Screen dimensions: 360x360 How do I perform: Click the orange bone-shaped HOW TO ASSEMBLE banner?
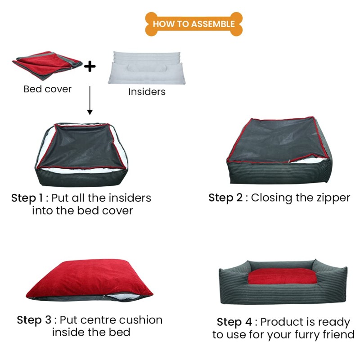click(193, 24)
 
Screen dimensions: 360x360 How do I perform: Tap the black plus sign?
click(90, 67)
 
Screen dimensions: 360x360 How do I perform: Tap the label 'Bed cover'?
click(47, 89)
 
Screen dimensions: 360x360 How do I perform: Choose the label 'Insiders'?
click(147, 92)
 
